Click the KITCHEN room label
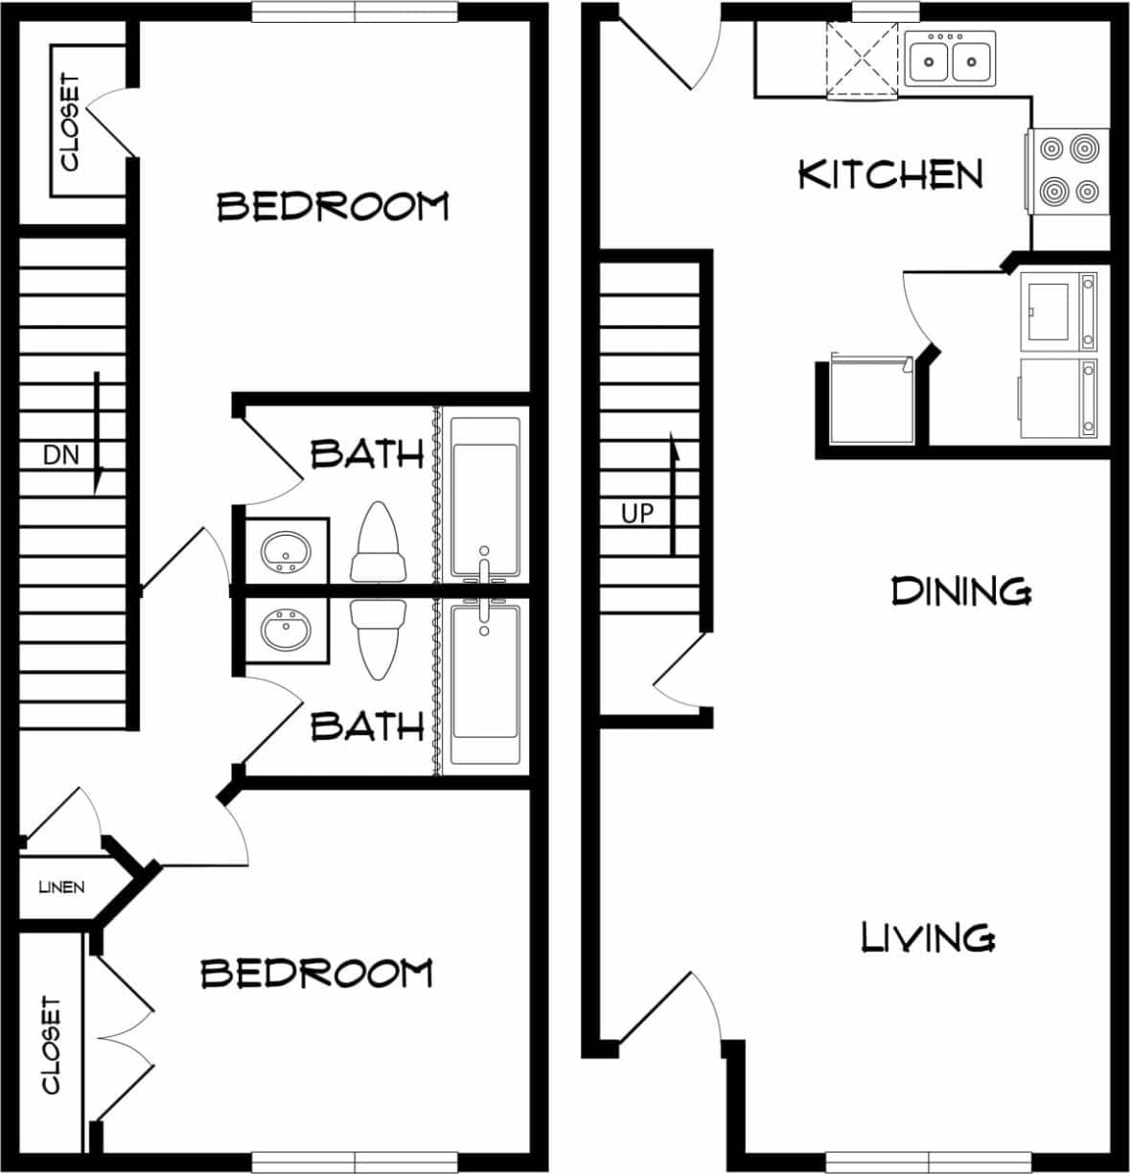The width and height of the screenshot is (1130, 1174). (890, 174)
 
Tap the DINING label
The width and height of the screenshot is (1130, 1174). (960, 590)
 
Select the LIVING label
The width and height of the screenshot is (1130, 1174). (928, 936)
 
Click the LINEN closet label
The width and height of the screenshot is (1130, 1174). (61, 886)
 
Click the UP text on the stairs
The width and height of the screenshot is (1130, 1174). (637, 514)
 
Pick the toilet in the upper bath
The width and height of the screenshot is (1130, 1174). (377, 543)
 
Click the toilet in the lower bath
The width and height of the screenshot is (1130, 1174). (377, 635)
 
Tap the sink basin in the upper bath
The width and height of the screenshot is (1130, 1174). (285, 551)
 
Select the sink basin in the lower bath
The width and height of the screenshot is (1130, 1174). (285, 631)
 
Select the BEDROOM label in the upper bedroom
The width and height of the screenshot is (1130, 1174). (333, 206)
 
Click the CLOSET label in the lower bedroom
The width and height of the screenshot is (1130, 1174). (51, 1045)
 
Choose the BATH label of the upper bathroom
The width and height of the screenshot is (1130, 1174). (367, 453)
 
